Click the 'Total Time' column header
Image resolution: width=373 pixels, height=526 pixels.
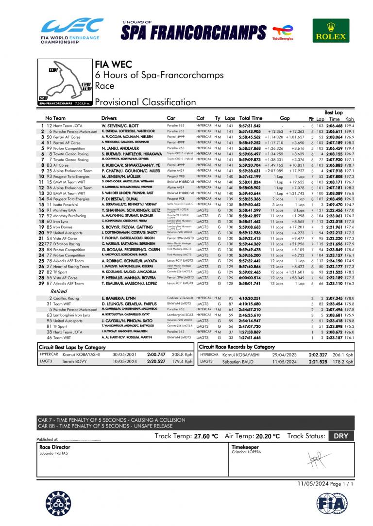[x=251, y=118]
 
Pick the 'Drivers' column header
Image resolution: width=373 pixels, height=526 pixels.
[x=112, y=118]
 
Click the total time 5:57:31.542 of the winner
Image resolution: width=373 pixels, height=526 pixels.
[x=250, y=126]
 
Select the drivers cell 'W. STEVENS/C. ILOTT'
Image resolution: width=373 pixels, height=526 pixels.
[x=119, y=126]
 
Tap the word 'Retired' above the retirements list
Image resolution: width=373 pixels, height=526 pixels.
[x=59, y=291]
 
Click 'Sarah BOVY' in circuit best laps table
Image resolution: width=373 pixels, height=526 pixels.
[x=74, y=361]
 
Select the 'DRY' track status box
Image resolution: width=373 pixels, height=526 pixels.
[x=341, y=436]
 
